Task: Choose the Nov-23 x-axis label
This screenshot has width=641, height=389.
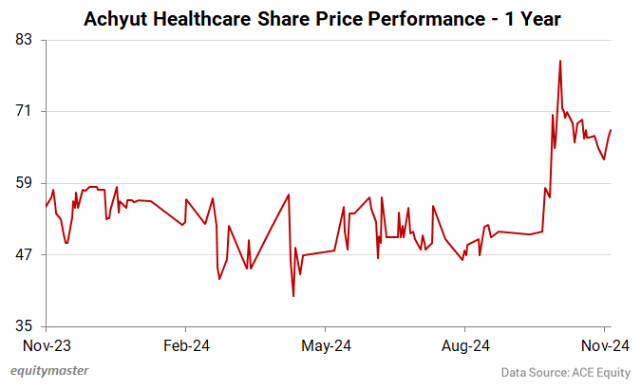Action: pos(47,345)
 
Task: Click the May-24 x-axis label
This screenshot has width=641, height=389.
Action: pos(326,345)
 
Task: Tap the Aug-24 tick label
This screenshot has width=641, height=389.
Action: pos(467,345)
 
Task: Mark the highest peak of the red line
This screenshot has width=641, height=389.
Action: pos(560,61)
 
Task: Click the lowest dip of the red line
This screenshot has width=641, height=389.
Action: pos(293,296)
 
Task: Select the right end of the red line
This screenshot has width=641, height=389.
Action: pos(611,130)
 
